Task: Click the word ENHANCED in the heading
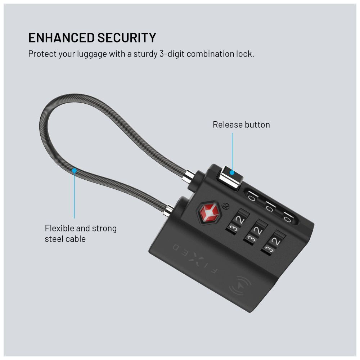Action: tap(61, 38)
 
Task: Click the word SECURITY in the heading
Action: tap(127, 38)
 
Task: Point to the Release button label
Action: tap(241, 125)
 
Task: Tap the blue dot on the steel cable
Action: tap(75, 171)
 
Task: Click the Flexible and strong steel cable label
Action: tap(81, 234)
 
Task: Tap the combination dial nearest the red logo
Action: tap(238, 222)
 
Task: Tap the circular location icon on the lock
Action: tap(240, 286)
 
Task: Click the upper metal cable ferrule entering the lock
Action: tap(190, 176)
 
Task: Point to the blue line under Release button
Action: tap(232, 152)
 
